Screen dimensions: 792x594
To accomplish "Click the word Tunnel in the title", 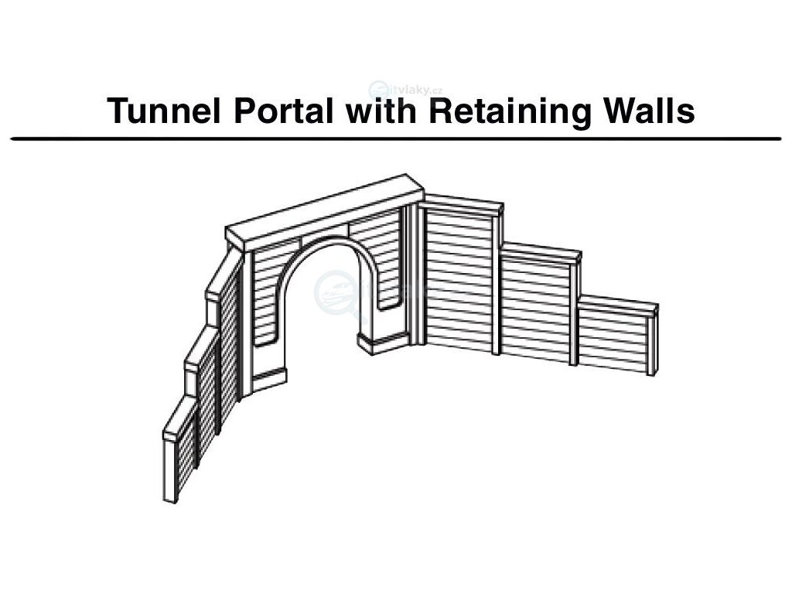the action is click(x=160, y=111).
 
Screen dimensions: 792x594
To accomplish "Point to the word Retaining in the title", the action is click(x=506, y=111).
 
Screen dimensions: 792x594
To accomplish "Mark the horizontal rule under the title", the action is click(x=396, y=138).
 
